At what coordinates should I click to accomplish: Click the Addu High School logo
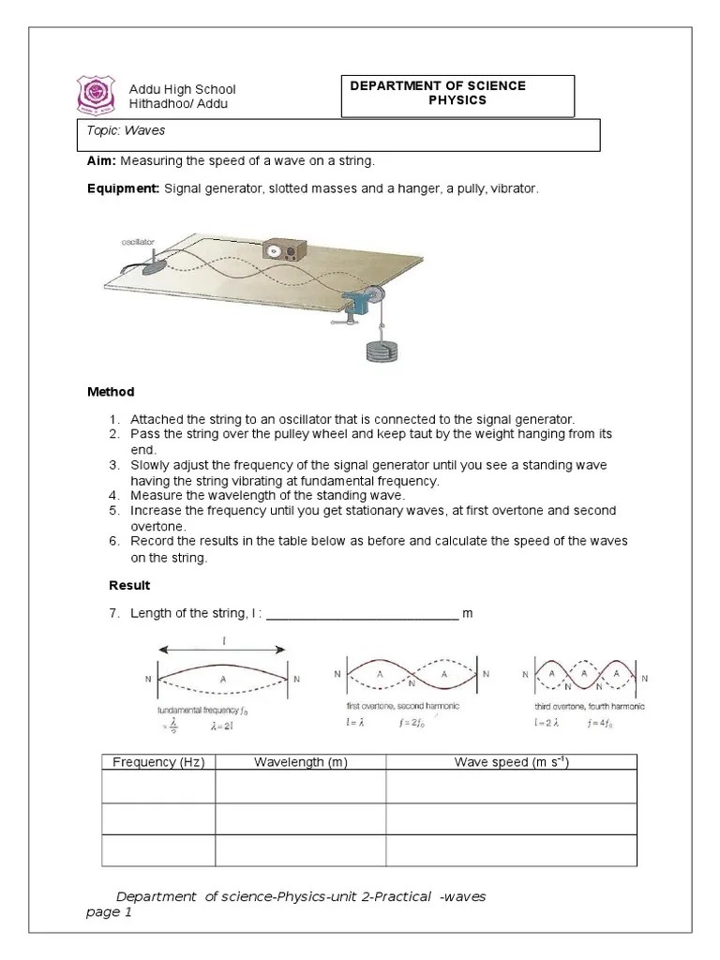[x=95, y=95]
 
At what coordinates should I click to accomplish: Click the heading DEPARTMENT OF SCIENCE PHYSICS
[x=438, y=93]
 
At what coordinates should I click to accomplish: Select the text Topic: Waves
[x=112, y=132]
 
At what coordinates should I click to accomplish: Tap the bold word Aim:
[x=101, y=161]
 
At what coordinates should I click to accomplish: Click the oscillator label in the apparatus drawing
[x=137, y=242]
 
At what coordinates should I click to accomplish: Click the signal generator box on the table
[x=283, y=251]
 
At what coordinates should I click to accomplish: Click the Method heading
[x=111, y=392]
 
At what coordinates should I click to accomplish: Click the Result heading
[x=129, y=585]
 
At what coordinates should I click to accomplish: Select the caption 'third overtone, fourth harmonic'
[x=586, y=706]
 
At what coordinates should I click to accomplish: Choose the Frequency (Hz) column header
[x=158, y=762]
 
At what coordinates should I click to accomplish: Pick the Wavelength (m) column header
[x=300, y=762]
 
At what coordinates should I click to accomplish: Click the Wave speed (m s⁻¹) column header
[x=512, y=762]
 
